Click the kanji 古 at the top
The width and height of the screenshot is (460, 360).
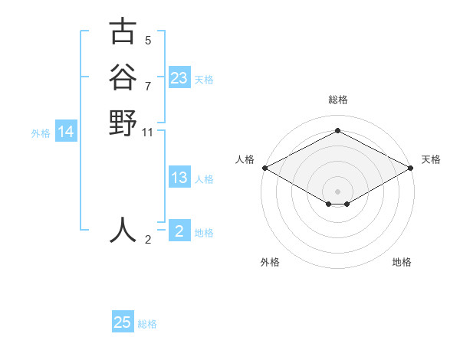tap(123, 32)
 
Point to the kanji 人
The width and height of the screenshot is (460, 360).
tap(123, 230)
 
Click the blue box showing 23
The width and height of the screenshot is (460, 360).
tap(179, 78)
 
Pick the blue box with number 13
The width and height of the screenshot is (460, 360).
tap(179, 178)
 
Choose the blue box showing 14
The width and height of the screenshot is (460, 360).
tap(66, 133)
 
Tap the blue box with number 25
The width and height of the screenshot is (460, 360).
tap(123, 322)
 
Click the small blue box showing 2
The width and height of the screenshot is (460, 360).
tap(179, 231)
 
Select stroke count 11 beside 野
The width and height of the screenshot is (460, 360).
tap(148, 133)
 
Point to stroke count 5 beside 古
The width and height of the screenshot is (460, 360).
tap(148, 40)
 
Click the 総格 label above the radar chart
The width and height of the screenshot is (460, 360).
tap(338, 100)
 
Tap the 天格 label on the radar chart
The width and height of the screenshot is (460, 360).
tap(431, 159)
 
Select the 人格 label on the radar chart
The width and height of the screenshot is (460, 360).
tap(245, 159)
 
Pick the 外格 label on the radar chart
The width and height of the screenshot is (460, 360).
tap(270, 262)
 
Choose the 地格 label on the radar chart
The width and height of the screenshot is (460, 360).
tap(402, 262)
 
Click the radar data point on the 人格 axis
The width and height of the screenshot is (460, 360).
tap(264, 168)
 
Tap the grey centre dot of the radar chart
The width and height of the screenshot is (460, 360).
tap(338, 191)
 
